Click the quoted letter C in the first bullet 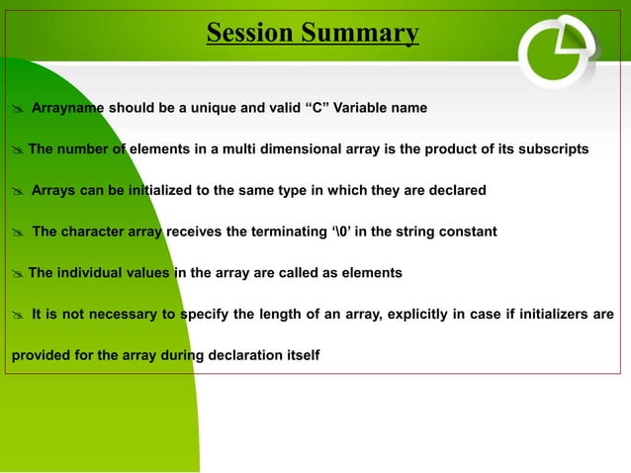click(x=298, y=107)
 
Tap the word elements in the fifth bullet click(x=368, y=272)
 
